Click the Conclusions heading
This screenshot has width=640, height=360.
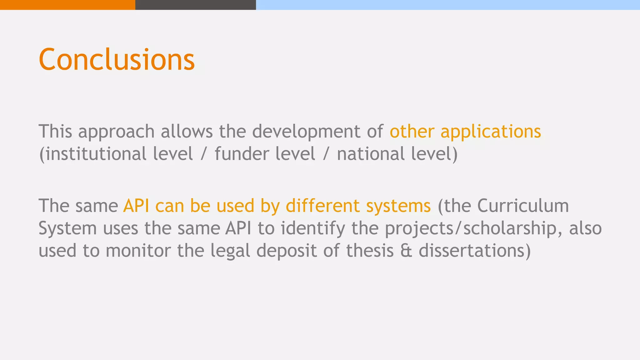tap(117, 59)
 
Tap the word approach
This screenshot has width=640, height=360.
tap(116, 132)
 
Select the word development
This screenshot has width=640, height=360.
tap(306, 132)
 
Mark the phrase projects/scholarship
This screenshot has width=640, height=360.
tap(471, 229)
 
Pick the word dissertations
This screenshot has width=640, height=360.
tap(472, 251)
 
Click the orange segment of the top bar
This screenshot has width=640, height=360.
tap(67, 5)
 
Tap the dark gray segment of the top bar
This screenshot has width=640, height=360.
tap(196, 5)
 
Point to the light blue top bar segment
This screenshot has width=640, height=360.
tap(448, 5)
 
